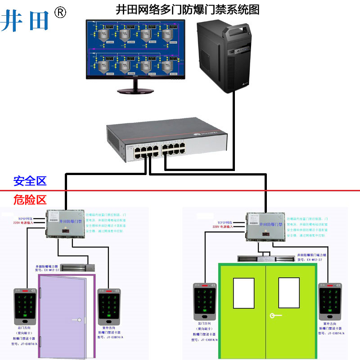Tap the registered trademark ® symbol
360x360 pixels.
point(60,13)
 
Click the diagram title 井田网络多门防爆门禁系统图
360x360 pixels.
point(188,9)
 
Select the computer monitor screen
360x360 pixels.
point(135,48)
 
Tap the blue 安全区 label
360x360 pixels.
point(30,181)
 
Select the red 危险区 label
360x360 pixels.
point(30,199)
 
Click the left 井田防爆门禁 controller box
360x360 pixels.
point(64,223)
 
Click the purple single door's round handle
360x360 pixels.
point(79,320)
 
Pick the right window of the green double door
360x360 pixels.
point(288,292)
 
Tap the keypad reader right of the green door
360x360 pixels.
point(330,301)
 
